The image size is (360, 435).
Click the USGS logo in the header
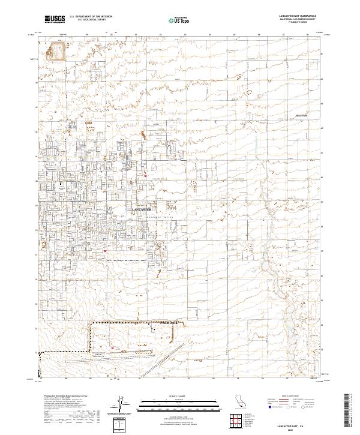point(55,20)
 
